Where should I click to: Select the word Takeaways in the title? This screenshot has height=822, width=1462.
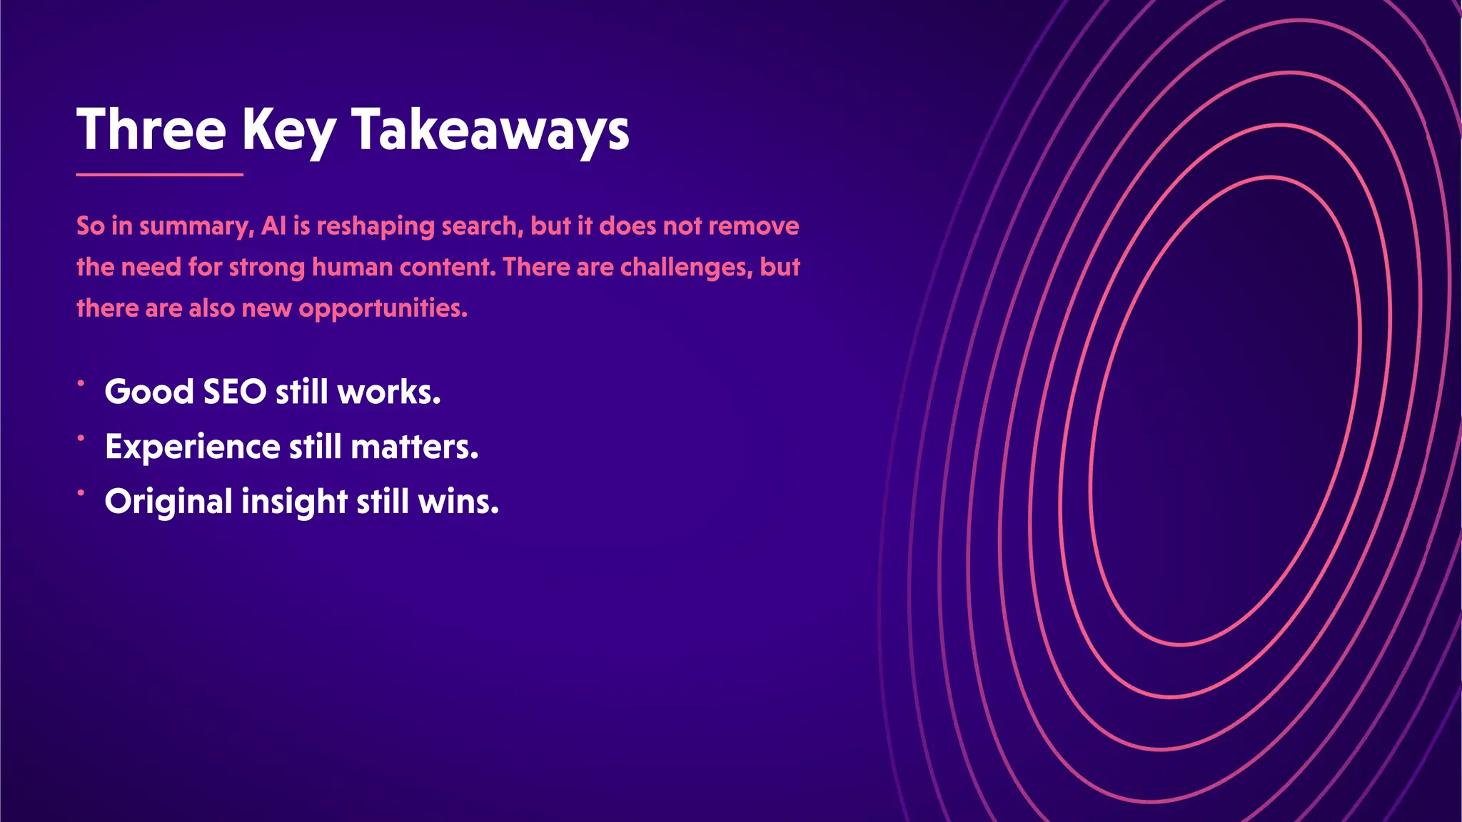(490, 131)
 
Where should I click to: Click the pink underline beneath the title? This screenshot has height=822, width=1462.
(159, 174)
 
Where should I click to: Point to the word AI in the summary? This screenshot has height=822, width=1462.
(273, 226)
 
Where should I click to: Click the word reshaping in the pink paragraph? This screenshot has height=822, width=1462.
(375, 227)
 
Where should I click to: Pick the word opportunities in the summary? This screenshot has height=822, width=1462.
(383, 309)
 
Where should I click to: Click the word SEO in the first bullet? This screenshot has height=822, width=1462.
(236, 392)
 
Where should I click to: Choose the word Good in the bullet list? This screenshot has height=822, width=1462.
(149, 392)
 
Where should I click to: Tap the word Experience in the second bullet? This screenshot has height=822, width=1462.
(193, 447)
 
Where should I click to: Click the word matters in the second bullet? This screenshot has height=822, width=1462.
(415, 447)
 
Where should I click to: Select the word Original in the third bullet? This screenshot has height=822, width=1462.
(168, 502)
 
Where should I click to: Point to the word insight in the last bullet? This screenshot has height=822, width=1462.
(294, 502)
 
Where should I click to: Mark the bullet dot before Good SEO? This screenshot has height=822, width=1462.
(81, 383)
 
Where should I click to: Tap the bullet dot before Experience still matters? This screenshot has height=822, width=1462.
(81, 438)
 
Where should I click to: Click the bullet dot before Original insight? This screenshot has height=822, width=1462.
(81, 492)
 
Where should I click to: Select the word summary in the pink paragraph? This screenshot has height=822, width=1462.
(196, 227)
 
